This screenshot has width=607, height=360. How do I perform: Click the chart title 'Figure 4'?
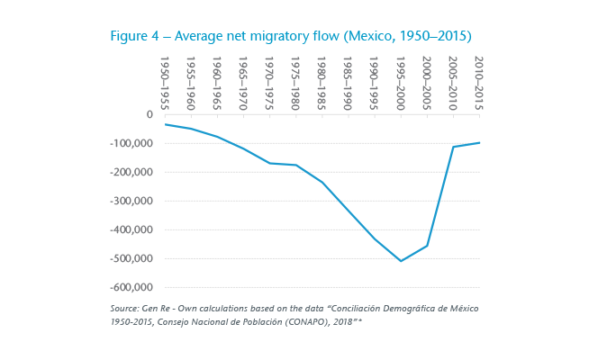(x=135, y=36)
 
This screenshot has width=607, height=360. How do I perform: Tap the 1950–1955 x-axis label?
(x=166, y=82)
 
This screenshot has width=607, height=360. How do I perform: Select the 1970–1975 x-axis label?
(x=270, y=82)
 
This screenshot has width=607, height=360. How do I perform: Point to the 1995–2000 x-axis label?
(x=401, y=82)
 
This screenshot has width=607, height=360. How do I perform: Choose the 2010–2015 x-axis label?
(x=479, y=82)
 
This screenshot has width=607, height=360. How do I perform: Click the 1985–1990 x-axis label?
(x=349, y=82)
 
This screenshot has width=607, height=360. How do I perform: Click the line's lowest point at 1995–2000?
(x=401, y=261)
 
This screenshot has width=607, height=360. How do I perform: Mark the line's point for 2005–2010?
(x=453, y=147)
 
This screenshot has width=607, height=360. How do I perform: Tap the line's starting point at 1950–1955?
(x=166, y=124)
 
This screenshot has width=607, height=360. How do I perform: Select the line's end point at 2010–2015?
(x=479, y=142)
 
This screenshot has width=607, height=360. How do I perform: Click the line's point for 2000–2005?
(x=427, y=246)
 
